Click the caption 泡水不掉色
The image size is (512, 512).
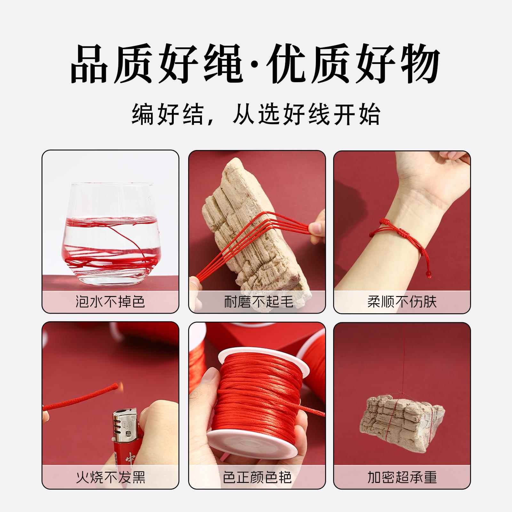pyautogui.click(x=110, y=302)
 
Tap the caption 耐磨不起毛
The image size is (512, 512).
pyautogui.click(x=258, y=302)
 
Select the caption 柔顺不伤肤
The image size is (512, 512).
pyautogui.click(x=402, y=302)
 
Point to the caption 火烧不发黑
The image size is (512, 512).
pyautogui.click(x=110, y=477)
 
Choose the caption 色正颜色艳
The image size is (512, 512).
pyautogui.click(x=258, y=477)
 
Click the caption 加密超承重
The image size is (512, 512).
pyautogui.click(x=402, y=477)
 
